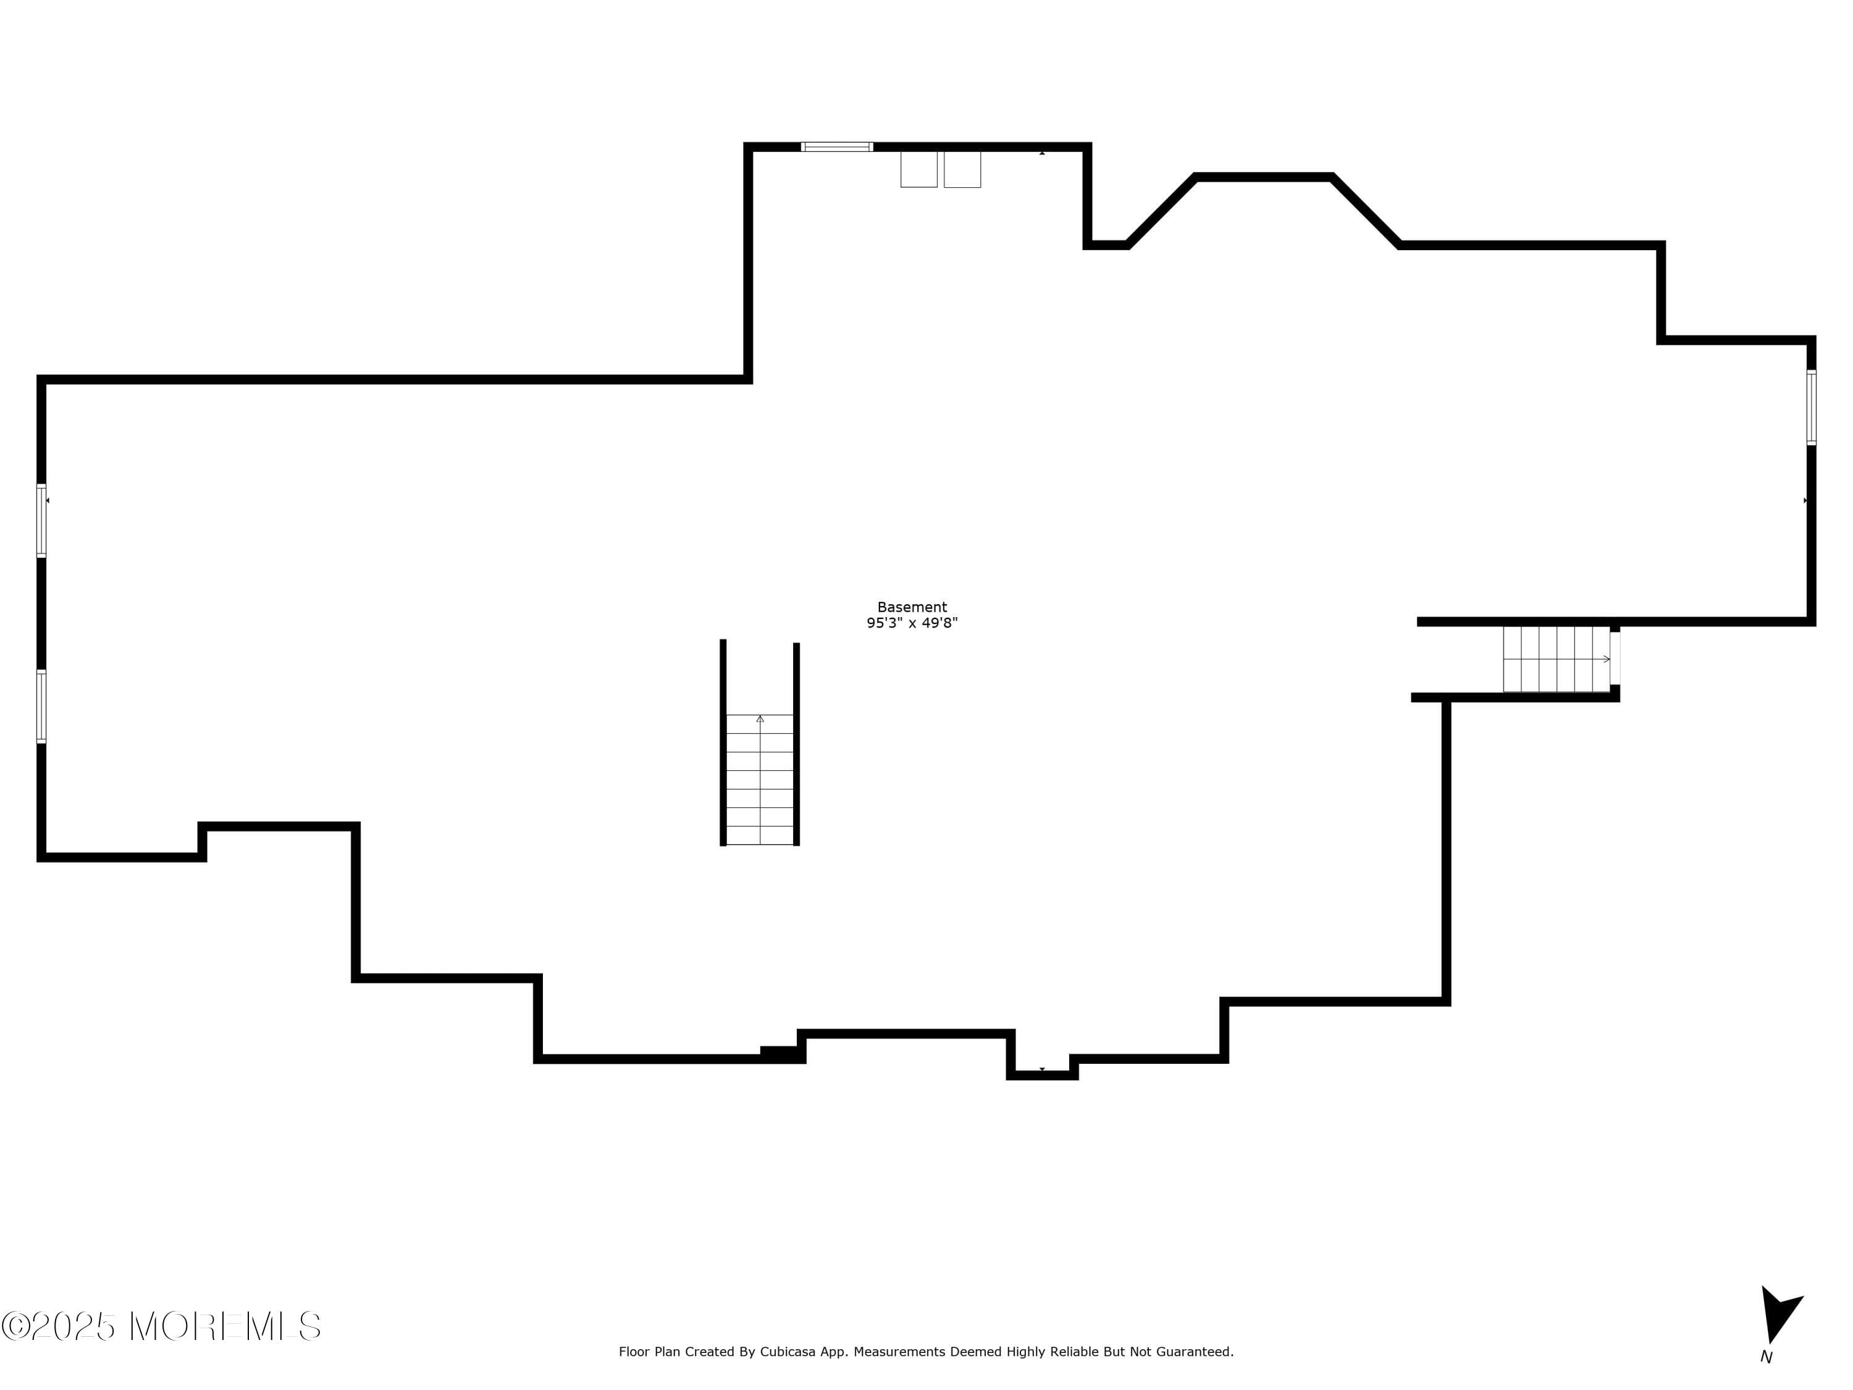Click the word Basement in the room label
click(912, 607)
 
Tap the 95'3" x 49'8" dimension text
click(912, 623)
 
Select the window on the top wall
click(836, 146)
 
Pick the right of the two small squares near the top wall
click(962, 169)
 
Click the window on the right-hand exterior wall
click(1810, 407)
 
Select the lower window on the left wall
click(41, 706)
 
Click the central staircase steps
click(760, 779)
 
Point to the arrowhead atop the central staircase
click(760, 718)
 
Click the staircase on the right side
click(1557, 659)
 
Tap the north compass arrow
click(1779, 1314)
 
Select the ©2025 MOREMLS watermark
click(161, 1326)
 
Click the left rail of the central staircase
click(723, 743)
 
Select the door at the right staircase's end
click(1615, 659)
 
